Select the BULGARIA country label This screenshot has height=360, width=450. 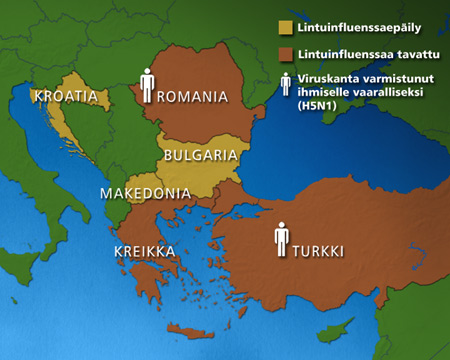click(x=200, y=155)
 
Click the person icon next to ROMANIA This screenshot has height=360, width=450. click(x=148, y=85)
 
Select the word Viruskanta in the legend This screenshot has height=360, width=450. click(x=325, y=81)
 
